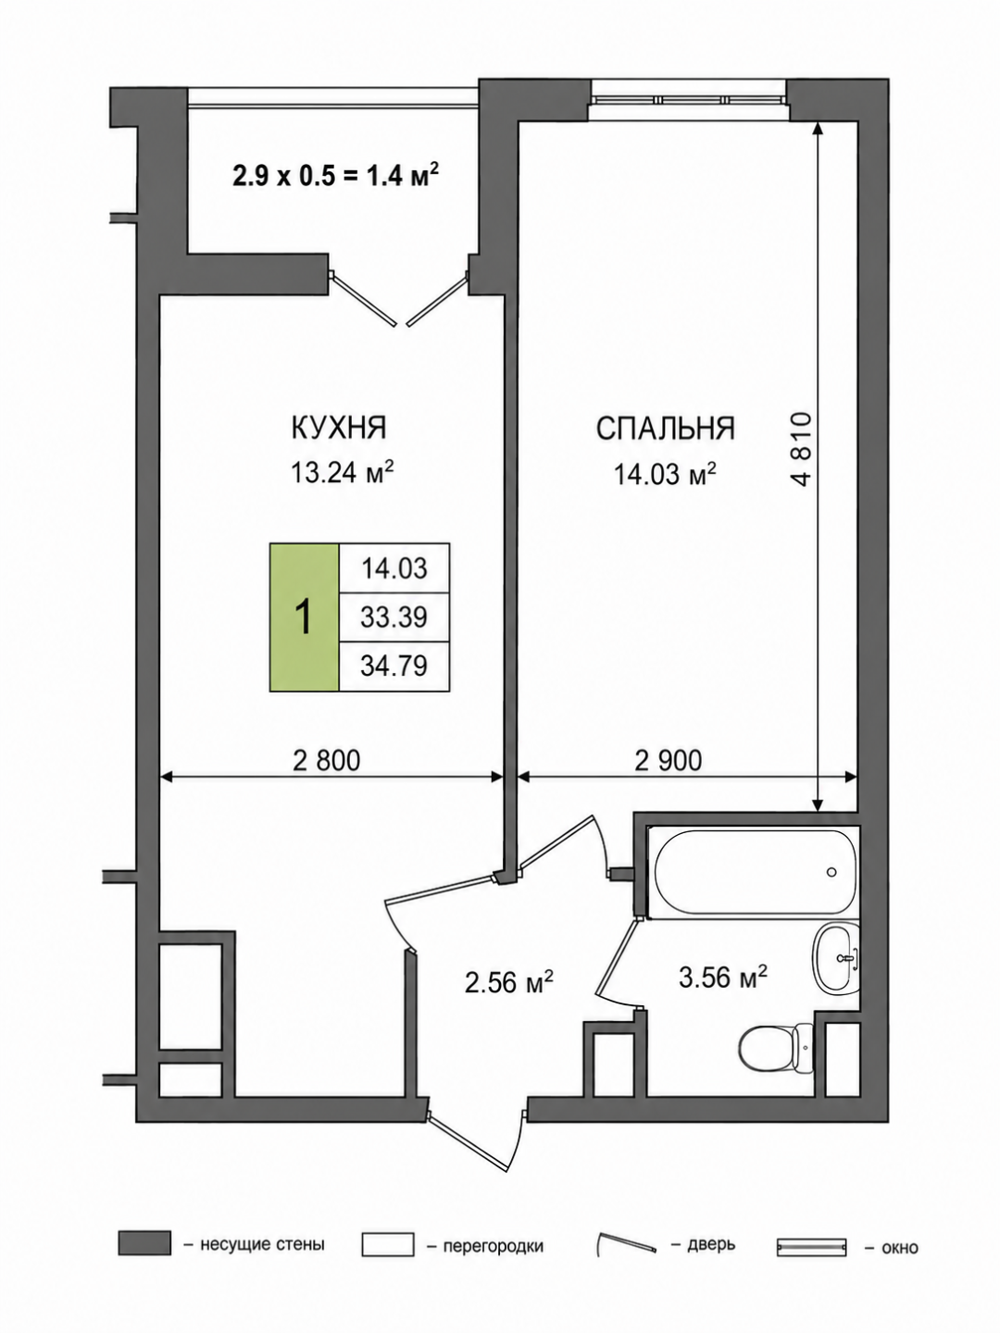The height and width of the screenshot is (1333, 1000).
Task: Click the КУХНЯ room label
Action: click(x=339, y=429)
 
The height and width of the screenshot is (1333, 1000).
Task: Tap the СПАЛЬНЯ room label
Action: click(x=665, y=429)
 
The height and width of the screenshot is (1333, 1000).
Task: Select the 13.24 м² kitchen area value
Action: click(x=344, y=472)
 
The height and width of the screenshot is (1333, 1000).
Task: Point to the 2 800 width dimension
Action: click(x=327, y=760)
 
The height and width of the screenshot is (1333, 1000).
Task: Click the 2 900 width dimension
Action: click(x=668, y=760)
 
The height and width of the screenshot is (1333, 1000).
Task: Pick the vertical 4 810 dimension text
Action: click(x=802, y=449)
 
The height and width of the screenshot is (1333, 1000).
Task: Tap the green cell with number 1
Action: click(x=305, y=617)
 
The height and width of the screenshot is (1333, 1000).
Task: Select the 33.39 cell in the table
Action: click(x=394, y=617)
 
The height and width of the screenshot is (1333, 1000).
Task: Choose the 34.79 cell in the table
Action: click(x=394, y=666)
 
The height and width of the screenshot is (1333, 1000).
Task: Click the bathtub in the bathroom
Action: click(x=752, y=872)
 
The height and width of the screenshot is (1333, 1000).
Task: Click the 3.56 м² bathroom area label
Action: click(x=722, y=978)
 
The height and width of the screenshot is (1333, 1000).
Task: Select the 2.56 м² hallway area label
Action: click(x=509, y=982)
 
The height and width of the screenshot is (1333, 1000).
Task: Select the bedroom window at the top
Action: click(x=690, y=100)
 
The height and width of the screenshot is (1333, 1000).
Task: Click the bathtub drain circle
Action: click(x=831, y=872)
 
